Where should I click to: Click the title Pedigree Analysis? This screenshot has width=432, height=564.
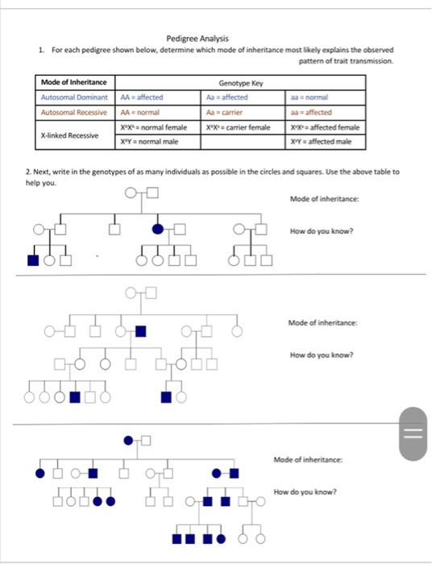click(197, 39)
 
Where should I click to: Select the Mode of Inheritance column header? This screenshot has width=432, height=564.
click(73, 82)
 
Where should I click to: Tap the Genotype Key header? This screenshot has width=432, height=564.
click(240, 82)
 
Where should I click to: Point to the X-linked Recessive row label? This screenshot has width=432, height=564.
click(70, 135)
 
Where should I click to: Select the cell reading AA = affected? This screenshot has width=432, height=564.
click(142, 97)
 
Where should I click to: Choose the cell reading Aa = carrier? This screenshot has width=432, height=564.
click(225, 112)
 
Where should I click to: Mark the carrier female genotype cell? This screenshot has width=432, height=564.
click(239, 127)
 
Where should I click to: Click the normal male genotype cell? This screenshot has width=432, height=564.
click(149, 142)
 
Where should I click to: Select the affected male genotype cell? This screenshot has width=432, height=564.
click(321, 142)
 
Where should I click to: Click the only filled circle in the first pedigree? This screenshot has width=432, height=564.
click(158, 230)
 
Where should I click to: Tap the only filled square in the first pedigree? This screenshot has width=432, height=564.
click(34, 259)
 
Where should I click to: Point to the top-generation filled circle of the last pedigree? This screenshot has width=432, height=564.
click(128, 440)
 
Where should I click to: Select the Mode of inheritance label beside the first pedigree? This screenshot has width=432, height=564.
click(324, 198)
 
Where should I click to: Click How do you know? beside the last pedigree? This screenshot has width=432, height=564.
click(305, 491)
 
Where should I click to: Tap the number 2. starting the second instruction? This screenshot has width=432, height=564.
click(27, 172)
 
